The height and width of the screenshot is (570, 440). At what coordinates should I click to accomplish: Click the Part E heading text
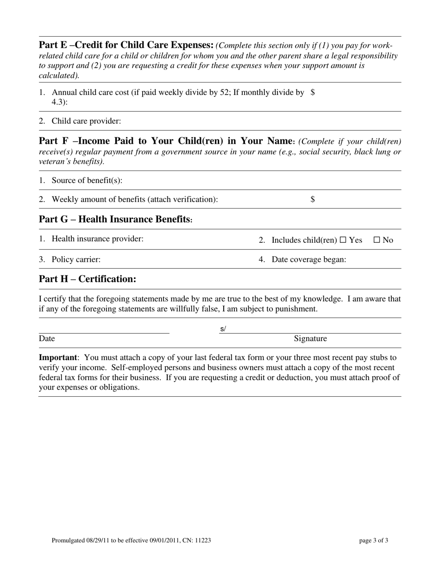pos(126,45)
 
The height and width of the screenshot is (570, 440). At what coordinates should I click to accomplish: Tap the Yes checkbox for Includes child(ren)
pos(343,240)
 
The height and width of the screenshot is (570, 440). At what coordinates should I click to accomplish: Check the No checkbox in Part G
pos(377,240)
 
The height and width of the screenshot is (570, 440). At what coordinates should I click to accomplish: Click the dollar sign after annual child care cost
pos(313,92)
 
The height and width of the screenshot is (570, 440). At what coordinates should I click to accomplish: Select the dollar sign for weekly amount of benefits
pos(313,199)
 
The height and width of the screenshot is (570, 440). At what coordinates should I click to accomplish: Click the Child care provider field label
pos(86,121)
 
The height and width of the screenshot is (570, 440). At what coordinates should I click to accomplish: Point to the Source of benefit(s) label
pos(87,180)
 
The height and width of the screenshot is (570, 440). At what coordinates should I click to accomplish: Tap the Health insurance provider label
pos(97,239)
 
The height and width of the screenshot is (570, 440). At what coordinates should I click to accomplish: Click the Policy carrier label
pos(76,260)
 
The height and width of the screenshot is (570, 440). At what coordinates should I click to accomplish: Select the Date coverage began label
pos(308,260)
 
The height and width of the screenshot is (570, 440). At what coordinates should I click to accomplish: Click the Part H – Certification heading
pos(88,279)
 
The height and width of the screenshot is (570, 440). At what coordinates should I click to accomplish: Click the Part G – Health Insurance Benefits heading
pos(115,219)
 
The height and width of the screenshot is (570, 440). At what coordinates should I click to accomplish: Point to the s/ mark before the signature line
pos(223,329)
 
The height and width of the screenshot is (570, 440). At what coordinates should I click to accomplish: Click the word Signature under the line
pos(310,339)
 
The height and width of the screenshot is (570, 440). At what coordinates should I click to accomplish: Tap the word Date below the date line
pos(47,339)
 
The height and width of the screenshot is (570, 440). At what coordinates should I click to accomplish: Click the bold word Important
pos(57,358)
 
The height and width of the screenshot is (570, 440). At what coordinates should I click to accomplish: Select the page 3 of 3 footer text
pos(373,540)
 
